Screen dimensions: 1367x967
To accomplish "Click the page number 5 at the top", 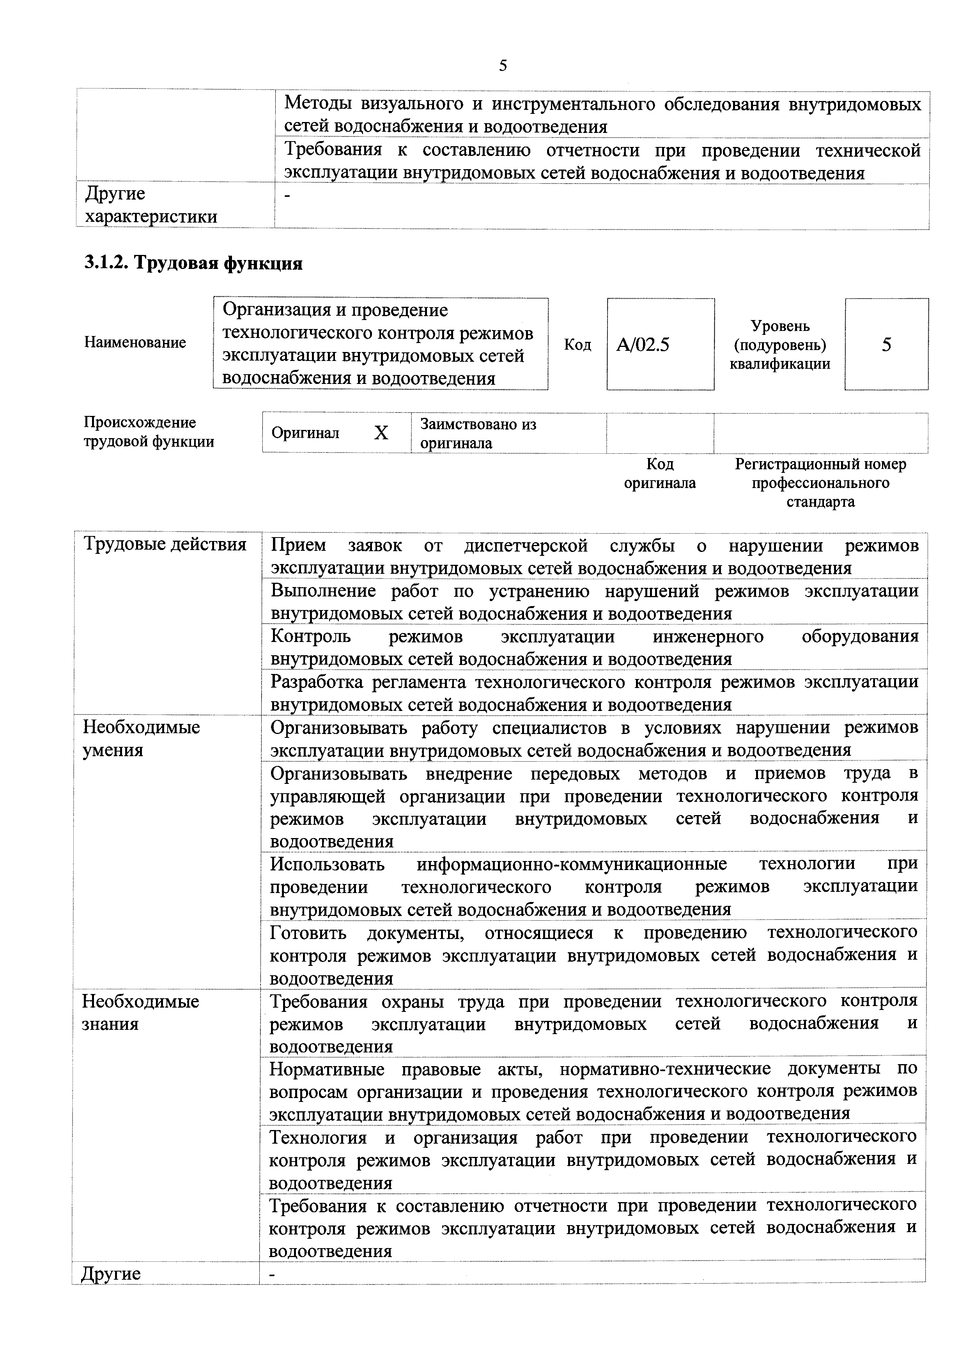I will click(x=503, y=65).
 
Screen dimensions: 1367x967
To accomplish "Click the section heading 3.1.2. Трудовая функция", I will click(x=193, y=263).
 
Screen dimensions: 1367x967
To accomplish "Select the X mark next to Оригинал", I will click(x=381, y=433).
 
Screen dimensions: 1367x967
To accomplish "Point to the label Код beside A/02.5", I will click(x=577, y=345).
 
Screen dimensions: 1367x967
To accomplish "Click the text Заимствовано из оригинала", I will click(x=478, y=433).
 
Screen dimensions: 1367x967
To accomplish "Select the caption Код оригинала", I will click(x=660, y=473).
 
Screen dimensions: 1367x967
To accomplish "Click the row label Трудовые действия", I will click(x=165, y=544).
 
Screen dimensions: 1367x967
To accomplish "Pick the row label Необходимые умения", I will click(x=141, y=738).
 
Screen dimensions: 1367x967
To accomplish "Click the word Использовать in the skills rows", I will click(x=327, y=863).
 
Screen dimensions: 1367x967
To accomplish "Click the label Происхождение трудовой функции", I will click(x=149, y=431).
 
